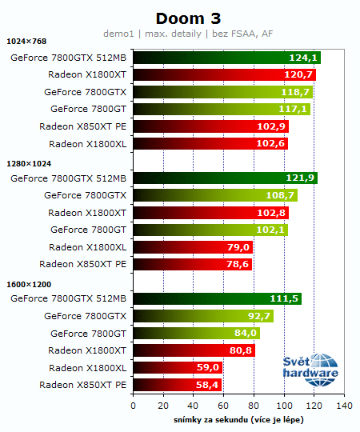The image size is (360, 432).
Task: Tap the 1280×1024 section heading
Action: tap(29, 162)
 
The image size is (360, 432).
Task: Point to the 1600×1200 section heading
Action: tap(29, 283)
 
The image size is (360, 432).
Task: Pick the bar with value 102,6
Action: tap(210, 144)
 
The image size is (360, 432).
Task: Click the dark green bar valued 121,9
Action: tap(225, 178)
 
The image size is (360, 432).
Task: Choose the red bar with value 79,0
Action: tap(192, 247)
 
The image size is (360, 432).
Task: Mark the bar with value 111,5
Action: tap(217, 299)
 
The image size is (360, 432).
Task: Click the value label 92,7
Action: tap(258, 316)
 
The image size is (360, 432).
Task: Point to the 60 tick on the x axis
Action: tap(224, 406)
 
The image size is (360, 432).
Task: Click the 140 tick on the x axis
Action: tap(345, 406)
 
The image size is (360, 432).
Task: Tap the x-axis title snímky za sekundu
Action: tap(238, 420)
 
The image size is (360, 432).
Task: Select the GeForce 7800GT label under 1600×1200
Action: tap(89, 334)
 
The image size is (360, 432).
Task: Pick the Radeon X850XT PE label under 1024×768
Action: tap(83, 126)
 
